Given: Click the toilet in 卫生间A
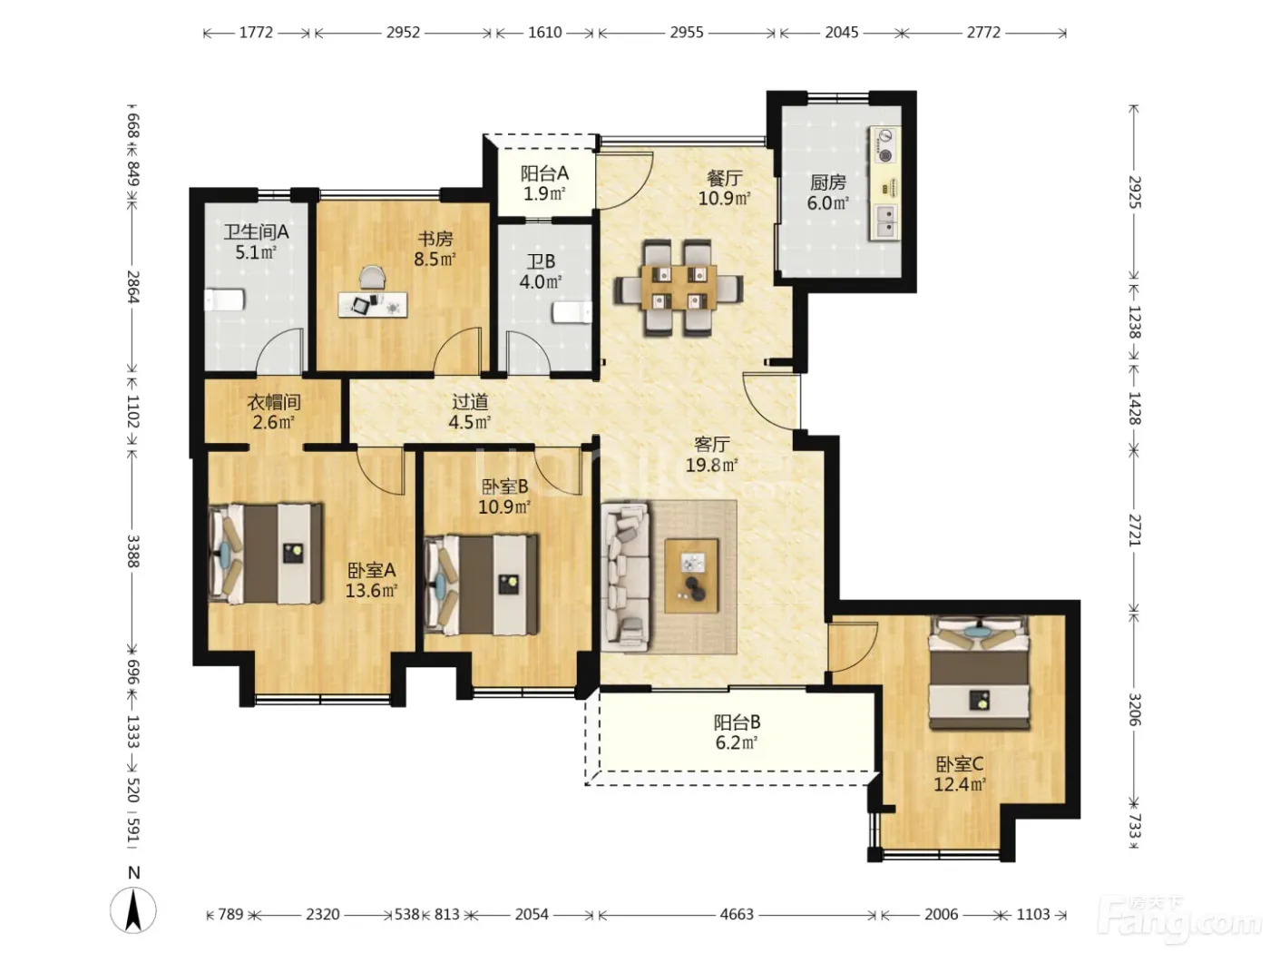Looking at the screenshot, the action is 224,300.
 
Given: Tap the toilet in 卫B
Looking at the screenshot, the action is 572,313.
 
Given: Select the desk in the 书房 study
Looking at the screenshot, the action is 373,304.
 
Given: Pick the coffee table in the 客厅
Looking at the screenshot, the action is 691,575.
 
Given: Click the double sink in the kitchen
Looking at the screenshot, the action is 885,221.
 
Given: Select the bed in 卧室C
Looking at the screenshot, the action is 979,673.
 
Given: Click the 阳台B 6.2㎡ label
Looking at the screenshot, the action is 737,732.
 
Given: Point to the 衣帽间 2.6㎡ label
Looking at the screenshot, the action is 274,412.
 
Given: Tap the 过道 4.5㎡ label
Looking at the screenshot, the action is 470,412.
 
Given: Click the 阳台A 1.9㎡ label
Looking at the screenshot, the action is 544,182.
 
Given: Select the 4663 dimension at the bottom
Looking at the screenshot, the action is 737,915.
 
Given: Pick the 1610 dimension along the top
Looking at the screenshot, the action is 544,33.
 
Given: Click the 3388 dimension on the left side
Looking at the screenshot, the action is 133,551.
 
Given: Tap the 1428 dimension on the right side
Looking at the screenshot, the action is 1134,408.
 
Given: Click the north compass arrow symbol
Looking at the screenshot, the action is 133,909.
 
